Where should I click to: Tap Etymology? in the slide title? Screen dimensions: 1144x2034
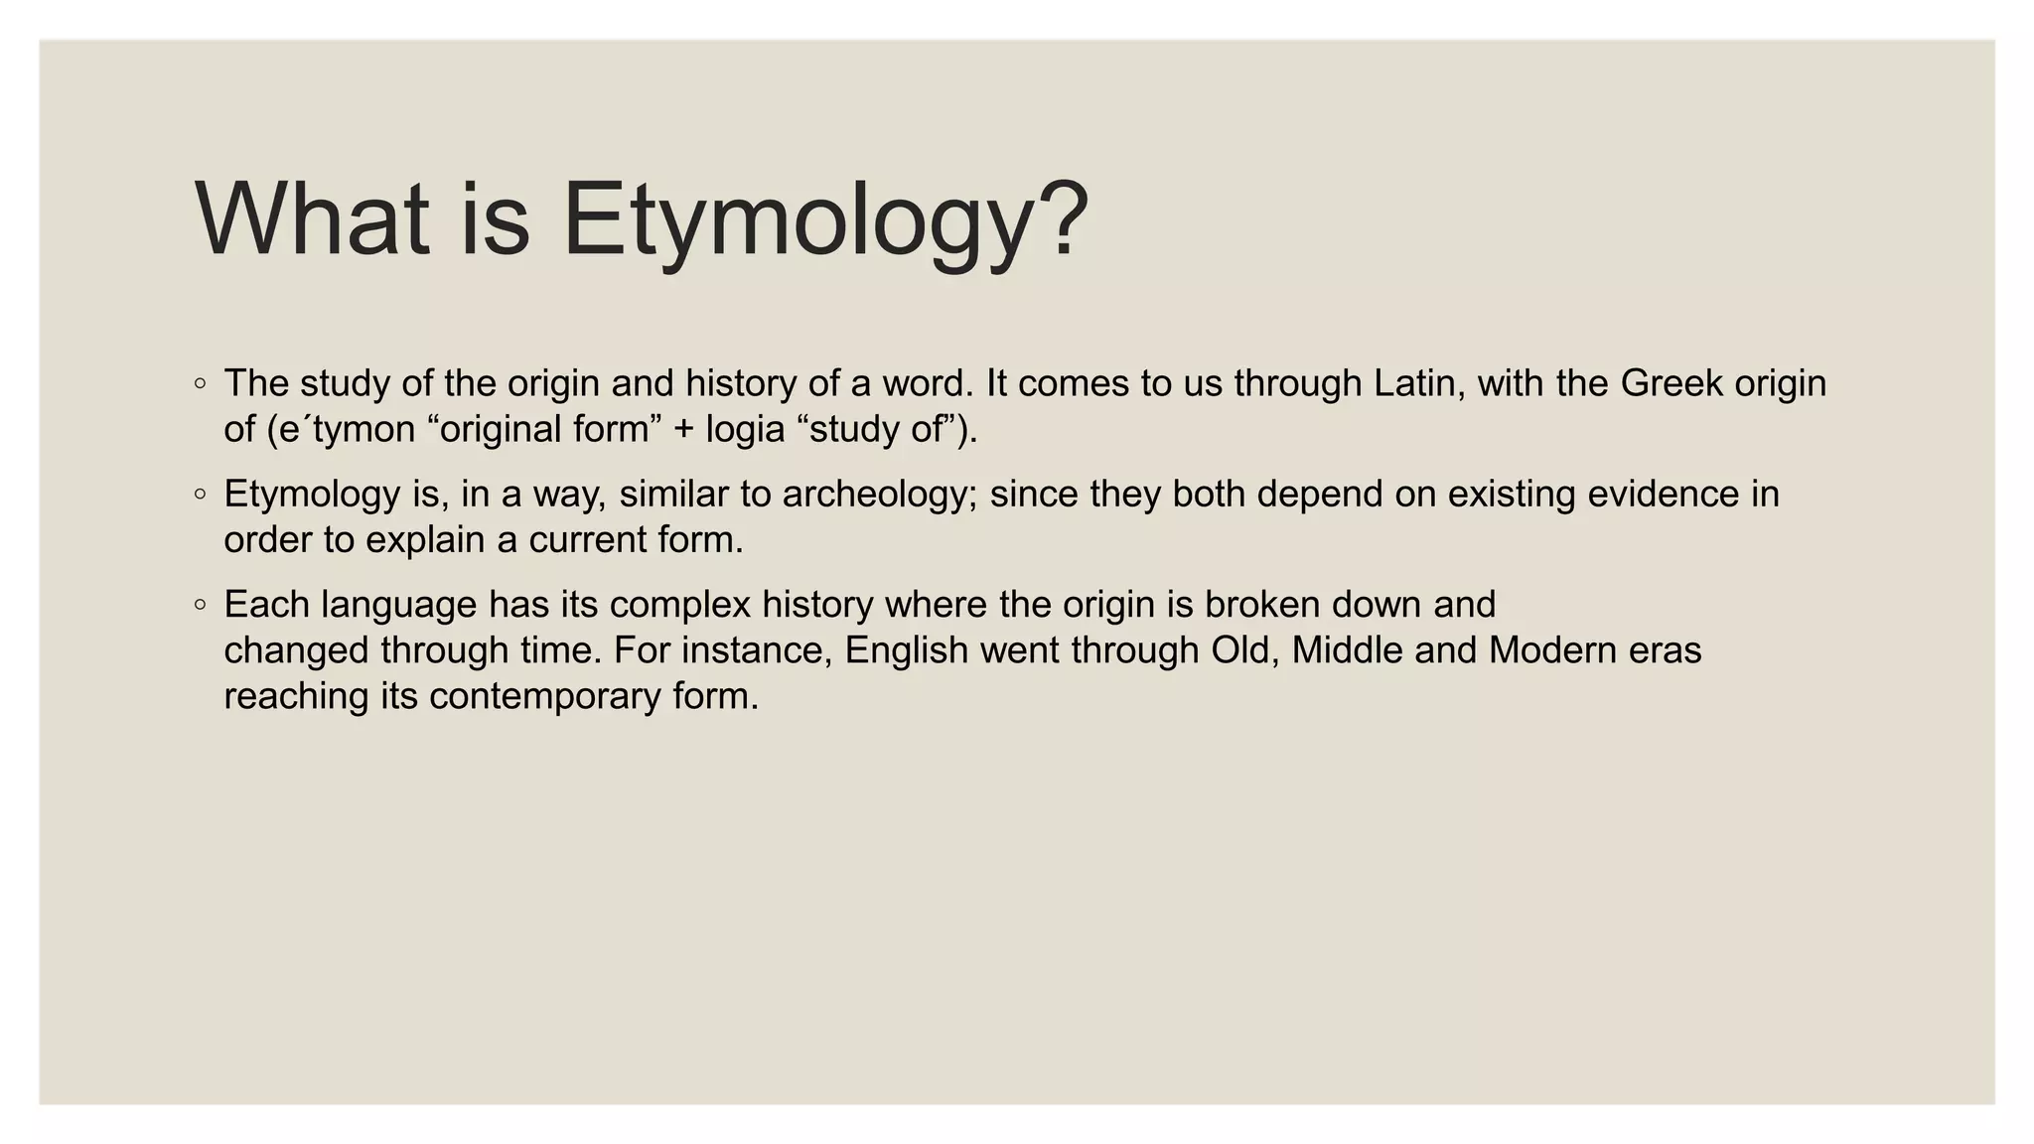click(825, 220)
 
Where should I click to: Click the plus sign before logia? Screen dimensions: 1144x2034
click(684, 430)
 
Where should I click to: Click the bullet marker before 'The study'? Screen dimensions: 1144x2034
click(201, 383)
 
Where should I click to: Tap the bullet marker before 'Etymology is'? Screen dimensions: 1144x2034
click(201, 494)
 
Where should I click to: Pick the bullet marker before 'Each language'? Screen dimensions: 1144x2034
click(201, 604)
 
